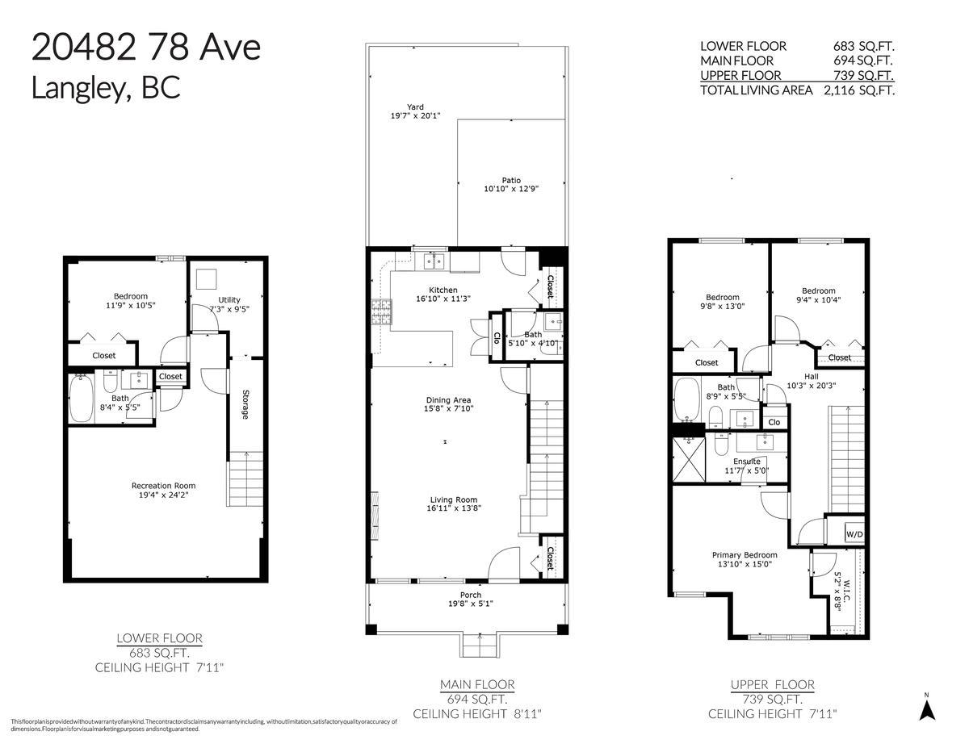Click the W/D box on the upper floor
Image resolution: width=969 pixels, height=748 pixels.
(x=854, y=534)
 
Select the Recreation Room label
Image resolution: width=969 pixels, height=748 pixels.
(x=163, y=485)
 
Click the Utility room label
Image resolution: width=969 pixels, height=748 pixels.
(x=229, y=300)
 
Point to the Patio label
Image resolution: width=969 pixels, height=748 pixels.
(x=510, y=180)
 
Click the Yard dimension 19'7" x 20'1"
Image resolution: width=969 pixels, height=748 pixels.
(x=414, y=116)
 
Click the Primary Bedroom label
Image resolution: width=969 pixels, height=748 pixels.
(x=744, y=554)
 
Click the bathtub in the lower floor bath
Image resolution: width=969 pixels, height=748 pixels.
(x=82, y=400)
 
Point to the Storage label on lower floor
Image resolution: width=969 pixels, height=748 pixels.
(x=245, y=404)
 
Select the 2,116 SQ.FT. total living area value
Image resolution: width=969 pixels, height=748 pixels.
(x=858, y=90)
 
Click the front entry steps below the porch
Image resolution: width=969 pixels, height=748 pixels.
(x=478, y=646)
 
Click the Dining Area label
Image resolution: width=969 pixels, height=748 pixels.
(x=448, y=400)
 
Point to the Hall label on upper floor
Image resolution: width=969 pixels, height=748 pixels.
(x=811, y=376)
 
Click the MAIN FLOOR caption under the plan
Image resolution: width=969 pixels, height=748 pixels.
(x=477, y=684)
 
